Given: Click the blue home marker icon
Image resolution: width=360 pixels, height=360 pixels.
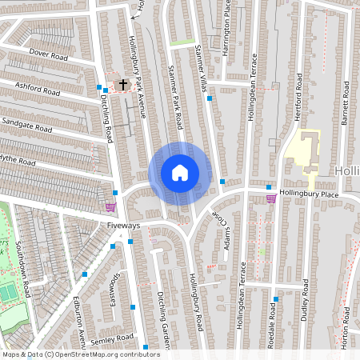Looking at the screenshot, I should (180, 173).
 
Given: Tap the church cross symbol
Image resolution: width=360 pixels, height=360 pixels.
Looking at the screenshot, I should (123, 83).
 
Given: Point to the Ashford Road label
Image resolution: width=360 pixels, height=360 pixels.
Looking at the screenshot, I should (38, 87).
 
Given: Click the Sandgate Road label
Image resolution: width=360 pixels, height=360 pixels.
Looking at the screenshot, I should (26, 123).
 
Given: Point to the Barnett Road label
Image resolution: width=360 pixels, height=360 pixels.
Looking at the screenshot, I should (345, 102).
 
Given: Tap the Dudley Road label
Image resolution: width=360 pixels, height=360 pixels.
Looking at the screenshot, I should (305, 298).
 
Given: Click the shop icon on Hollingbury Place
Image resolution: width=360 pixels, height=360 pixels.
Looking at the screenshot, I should (271, 198).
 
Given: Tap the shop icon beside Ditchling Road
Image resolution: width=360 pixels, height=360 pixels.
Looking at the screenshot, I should (110, 206).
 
